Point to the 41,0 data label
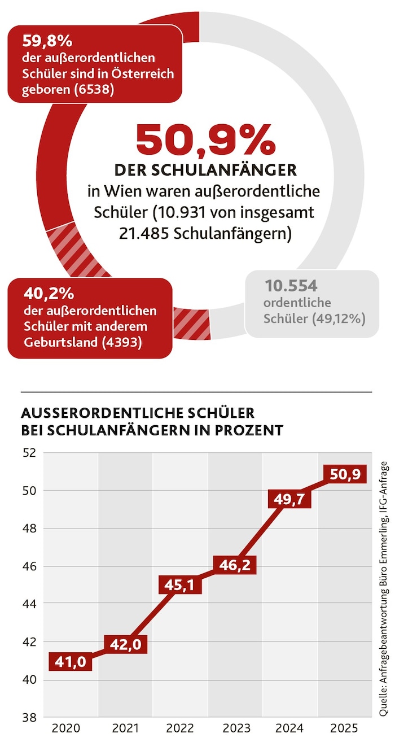(x=71, y=662)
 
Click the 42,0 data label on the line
(x=126, y=643)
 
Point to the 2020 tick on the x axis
(x=65, y=728)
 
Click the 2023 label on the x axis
(x=235, y=728)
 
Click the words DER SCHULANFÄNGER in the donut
(x=205, y=170)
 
